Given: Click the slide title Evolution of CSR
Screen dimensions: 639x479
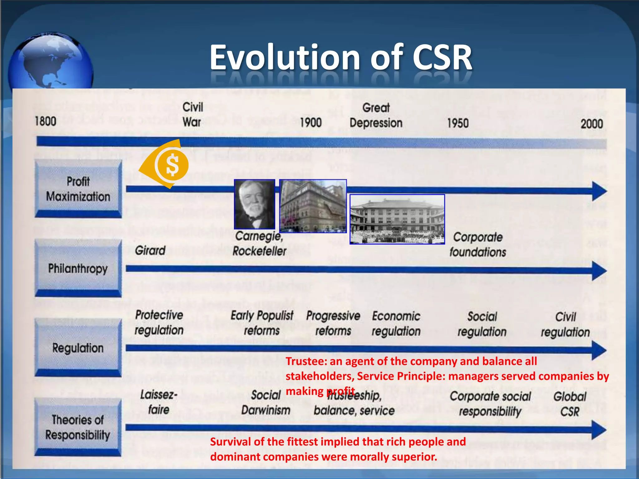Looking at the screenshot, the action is (x=341, y=58).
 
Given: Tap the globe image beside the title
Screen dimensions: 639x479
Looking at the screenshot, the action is (x=51, y=61).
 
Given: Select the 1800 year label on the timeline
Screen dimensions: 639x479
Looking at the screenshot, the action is (x=46, y=121).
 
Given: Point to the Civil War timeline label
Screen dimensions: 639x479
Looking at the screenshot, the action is (x=193, y=114).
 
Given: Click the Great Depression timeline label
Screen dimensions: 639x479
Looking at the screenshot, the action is (x=376, y=115).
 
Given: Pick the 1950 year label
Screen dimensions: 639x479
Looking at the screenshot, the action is (x=458, y=123).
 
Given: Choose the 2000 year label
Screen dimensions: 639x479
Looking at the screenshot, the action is (x=592, y=124).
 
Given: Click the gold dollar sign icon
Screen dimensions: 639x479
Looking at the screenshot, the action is (x=172, y=165).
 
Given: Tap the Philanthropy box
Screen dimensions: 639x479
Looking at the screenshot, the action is (x=78, y=269).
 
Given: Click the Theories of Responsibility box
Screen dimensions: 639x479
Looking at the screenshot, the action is (x=78, y=427).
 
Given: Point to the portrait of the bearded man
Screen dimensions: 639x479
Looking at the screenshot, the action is (x=255, y=205).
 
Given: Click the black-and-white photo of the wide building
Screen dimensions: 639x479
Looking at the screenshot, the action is (x=397, y=219).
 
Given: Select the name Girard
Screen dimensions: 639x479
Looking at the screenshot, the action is (x=150, y=250).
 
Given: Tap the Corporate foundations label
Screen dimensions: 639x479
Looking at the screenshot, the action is (x=478, y=244).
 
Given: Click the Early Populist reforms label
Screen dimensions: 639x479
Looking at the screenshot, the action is (x=262, y=323).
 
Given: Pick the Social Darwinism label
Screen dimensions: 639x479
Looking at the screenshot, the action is (x=266, y=403).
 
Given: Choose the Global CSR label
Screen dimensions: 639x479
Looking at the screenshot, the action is (x=570, y=404).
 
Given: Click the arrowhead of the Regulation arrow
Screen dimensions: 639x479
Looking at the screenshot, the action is (x=599, y=350).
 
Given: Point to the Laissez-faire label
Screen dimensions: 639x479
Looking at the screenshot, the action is (x=159, y=402).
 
